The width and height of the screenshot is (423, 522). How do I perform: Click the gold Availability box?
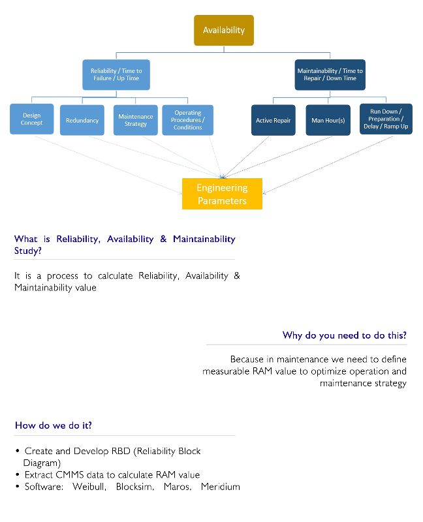pyautogui.click(x=224, y=30)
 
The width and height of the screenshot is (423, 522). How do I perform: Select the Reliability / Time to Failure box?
pyautogui.click(x=116, y=74)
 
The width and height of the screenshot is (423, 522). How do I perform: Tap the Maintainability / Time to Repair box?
pyautogui.click(x=330, y=74)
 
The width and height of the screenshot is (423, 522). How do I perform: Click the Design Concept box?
pyautogui.click(x=31, y=119)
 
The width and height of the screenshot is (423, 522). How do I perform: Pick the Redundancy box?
pyautogui.click(x=82, y=120)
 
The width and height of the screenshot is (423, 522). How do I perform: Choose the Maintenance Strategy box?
pyautogui.click(x=136, y=120)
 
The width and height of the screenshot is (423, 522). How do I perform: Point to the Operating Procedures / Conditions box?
pyautogui.click(x=187, y=120)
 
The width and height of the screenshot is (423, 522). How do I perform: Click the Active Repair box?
pyautogui.click(x=273, y=120)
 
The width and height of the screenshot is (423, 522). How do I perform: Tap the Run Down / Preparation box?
pyautogui.click(x=385, y=119)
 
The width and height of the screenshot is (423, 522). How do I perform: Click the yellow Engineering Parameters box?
pyautogui.click(x=222, y=194)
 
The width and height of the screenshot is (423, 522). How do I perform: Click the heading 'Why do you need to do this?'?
pyautogui.click(x=344, y=335)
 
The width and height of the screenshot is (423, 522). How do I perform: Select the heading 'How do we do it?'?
pyautogui.click(x=53, y=425)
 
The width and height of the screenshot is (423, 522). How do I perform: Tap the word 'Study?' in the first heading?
pyautogui.click(x=31, y=251)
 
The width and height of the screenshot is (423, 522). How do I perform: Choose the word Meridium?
pyautogui.click(x=221, y=487)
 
